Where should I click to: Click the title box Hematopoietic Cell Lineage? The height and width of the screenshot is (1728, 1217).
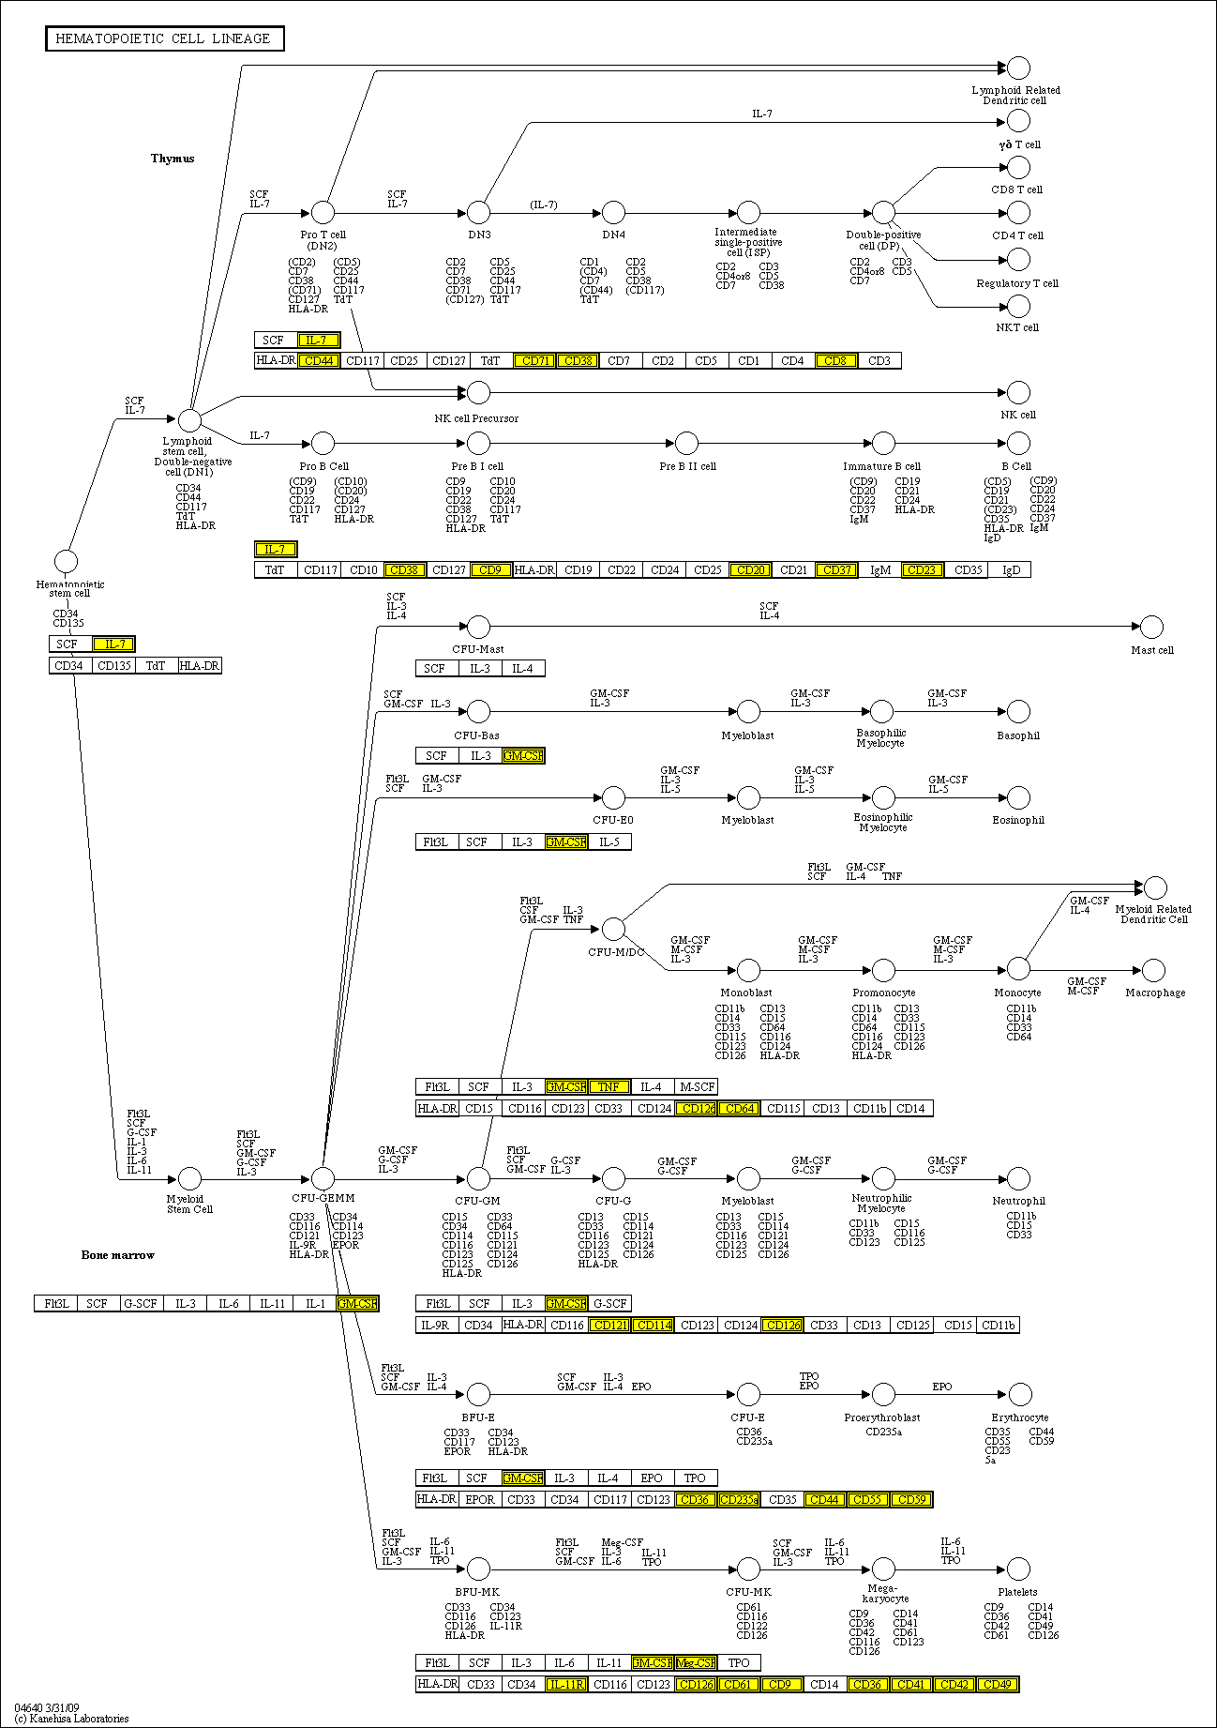click(164, 38)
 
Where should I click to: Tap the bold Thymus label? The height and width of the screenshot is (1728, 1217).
click(173, 159)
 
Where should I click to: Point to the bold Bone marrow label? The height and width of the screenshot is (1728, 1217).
click(117, 1254)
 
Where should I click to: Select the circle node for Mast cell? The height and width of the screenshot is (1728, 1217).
click(1151, 627)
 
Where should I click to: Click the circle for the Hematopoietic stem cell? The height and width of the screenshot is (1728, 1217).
click(66, 562)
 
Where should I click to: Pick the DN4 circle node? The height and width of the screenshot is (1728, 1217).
click(613, 212)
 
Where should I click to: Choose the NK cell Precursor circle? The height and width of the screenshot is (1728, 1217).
click(478, 392)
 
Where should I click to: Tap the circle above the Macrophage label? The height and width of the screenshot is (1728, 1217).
click(1154, 970)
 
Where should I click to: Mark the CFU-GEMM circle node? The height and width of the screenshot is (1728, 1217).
click(323, 1178)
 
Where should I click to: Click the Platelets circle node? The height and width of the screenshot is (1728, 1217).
click(1018, 1569)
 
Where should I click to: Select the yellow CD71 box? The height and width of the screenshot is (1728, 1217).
click(535, 360)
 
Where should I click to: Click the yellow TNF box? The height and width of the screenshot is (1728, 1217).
click(608, 1086)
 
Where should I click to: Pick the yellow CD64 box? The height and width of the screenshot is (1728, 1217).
click(739, 1108)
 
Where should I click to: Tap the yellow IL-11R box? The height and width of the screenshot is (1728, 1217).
click(565, 1684)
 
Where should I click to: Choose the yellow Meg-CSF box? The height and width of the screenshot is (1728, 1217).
click(695, 1662)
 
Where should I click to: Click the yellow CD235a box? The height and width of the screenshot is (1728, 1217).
click(739, 1499)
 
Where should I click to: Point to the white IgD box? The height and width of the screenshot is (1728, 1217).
click(1011, 569)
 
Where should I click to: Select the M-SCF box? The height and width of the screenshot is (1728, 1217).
click(697, 1086)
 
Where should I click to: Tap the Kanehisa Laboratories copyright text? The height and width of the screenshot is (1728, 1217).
click(71, 1719)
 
